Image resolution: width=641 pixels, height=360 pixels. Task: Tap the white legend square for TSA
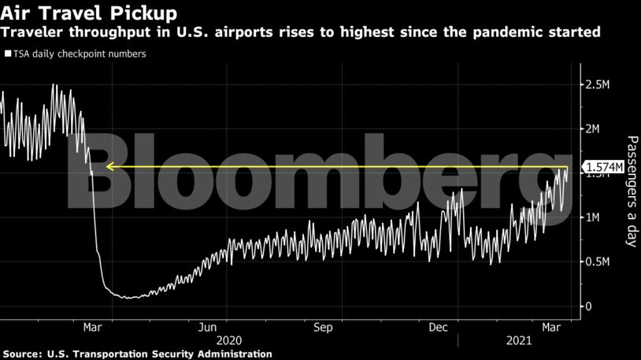pyautogui.click(x=8, y=54)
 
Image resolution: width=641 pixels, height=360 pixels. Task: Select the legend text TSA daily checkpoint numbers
pyautogui.click(x=79, y=54)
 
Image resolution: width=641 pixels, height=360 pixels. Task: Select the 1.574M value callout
pyautogui.click(x=602, y=168)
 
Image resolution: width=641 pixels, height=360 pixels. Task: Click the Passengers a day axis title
pyautogui.click(x=630, y=192)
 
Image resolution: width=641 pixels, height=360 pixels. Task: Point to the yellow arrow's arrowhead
pyautogui.click(x=110, y=167)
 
